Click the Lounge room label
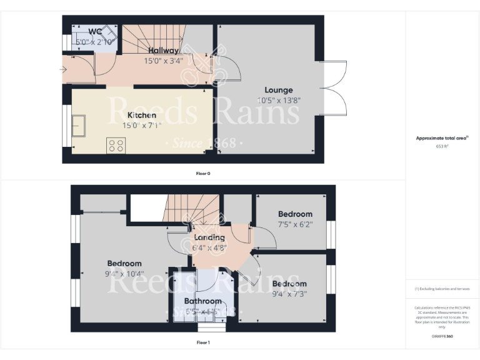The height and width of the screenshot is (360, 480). tap(278, 90)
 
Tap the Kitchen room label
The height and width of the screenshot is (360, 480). tap(142, 116)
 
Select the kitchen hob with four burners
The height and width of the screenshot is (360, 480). tap(116, 145)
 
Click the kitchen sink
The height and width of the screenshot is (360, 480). tap(79, 126)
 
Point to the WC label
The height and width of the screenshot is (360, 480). tap(95, 32)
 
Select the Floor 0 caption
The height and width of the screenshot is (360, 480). tap(202, 173)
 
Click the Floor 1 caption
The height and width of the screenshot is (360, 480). tap(202, 342)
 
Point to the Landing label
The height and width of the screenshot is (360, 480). tap(209, 237)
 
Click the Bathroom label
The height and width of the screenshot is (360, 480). tap(197, 301)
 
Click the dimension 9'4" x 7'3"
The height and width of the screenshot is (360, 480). tap(289, 294)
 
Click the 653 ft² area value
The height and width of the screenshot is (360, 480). tap(442, 146)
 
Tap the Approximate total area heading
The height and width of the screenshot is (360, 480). tap(442, 138)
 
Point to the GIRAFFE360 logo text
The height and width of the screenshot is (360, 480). tap(442, 336)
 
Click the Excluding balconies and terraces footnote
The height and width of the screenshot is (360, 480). tap(442, 289)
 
